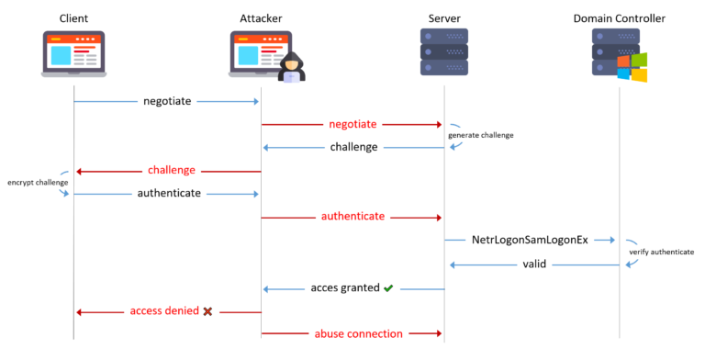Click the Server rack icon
pos(444,53)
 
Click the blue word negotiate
pos(167,101)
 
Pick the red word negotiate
pos(352,124)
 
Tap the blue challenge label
pos(353,147)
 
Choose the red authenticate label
pos(352,217)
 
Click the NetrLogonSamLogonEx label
pos(529,240)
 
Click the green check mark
pos(388,287)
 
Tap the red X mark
pos(207,311)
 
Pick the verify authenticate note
pos(661,252)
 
